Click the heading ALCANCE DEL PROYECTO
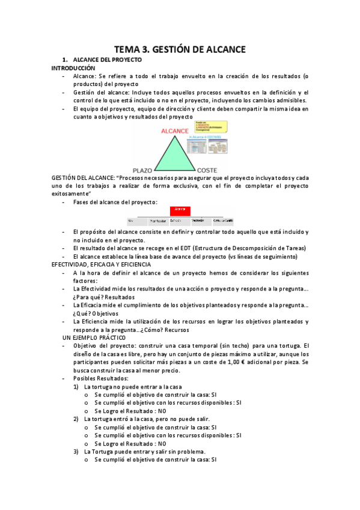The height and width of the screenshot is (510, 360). tap(107, 61)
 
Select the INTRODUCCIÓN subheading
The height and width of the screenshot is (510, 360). tap(73, 69)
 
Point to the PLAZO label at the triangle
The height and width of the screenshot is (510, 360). tap(143, 170)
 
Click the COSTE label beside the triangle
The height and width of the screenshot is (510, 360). tap(207, 170)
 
